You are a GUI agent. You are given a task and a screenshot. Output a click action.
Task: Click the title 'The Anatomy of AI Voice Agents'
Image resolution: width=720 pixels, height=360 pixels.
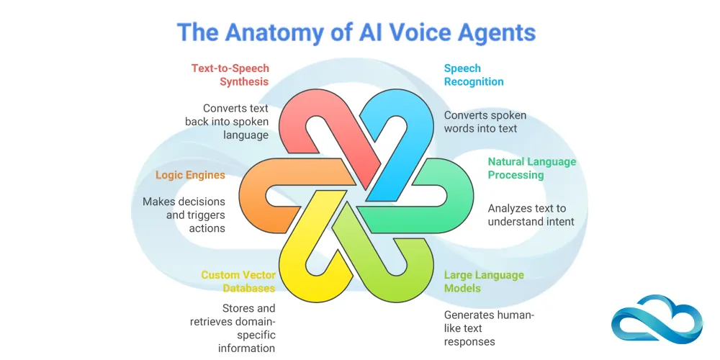(357, 33)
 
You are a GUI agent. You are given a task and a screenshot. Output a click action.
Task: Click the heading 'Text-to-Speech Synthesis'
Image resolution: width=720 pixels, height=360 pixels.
(230, 75)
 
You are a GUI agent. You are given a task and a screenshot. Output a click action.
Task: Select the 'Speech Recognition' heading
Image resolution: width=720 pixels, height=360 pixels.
(473, 75)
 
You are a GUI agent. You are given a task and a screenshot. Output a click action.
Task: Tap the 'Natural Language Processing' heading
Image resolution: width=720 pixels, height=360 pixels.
(531, 168)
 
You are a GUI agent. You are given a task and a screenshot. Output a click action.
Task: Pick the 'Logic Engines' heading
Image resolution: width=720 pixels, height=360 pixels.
(190, 175)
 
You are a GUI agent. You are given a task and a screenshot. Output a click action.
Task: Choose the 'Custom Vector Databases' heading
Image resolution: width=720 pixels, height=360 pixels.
(238, 282)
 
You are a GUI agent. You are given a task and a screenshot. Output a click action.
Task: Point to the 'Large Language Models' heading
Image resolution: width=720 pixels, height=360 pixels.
(483, 282)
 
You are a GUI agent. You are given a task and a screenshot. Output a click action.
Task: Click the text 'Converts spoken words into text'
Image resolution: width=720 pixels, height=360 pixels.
(485, 122)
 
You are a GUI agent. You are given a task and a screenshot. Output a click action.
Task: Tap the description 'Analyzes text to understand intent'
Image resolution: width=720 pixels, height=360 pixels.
(531, 215)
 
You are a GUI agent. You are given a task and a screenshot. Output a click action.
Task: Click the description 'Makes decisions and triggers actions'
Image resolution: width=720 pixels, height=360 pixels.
(184, 215)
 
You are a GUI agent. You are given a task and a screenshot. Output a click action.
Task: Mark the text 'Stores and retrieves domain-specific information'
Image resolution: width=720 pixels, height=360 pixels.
(233, 328)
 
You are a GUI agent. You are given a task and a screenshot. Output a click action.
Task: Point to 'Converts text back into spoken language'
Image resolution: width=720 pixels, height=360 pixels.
(227, 122)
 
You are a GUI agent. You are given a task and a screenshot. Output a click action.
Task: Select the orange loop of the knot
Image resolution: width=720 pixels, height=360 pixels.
(263, 194)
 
